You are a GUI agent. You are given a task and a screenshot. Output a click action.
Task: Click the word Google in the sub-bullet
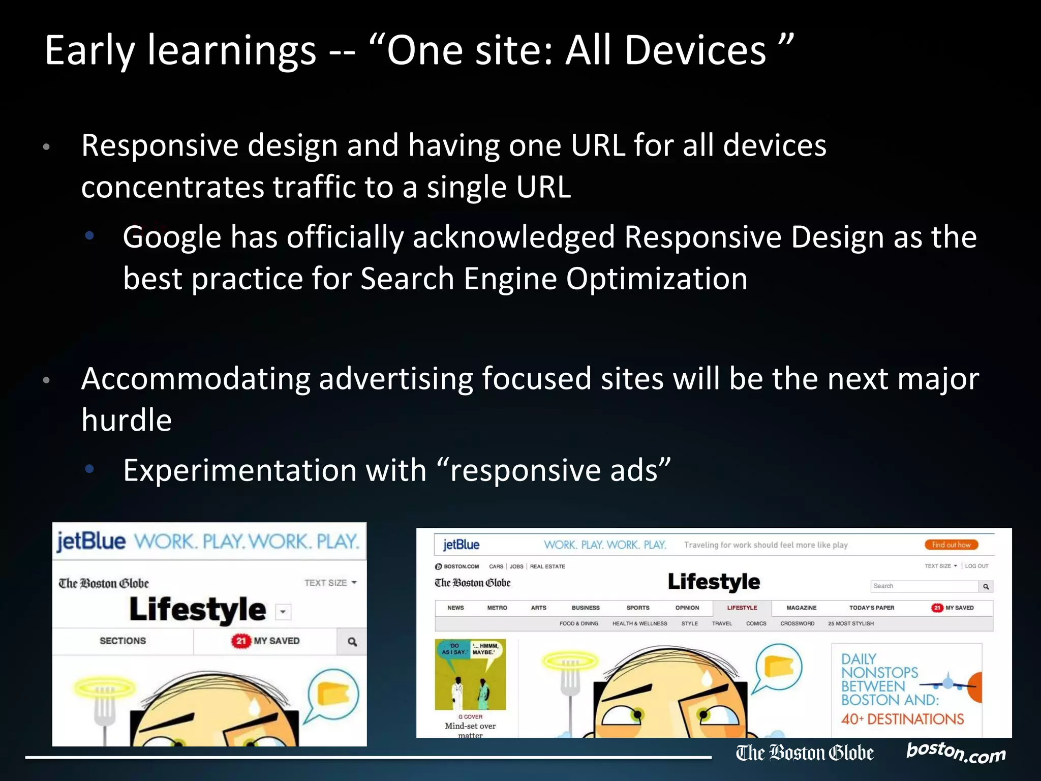[172, 238]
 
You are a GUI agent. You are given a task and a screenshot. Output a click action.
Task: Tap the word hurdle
[127, 421]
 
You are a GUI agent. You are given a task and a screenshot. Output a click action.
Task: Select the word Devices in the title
[695, 51]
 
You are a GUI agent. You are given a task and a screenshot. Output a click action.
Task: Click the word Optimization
[656, 280]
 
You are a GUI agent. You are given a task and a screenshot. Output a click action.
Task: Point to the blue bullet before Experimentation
[90, 469]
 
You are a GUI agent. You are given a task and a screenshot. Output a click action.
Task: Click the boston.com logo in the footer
[956, 753]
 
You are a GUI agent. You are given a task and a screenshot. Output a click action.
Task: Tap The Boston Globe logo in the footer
[805, 753]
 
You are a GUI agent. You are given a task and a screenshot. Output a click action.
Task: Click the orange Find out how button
[951, 545]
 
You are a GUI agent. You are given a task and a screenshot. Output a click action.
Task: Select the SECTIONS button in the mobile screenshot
[123, 641]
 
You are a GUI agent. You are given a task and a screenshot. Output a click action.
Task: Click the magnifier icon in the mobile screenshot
[352, 642]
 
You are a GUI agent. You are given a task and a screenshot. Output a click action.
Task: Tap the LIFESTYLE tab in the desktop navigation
[742, 608]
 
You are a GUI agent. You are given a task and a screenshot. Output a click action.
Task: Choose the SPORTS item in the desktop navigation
[637, 608]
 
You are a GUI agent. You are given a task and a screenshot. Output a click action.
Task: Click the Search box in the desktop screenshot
[924, 586]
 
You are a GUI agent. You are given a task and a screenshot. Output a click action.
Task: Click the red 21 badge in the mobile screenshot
[240, 641]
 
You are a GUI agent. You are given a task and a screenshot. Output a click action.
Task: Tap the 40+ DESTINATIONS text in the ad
[902, 719]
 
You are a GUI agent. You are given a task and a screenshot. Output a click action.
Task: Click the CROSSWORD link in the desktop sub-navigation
[797, 623]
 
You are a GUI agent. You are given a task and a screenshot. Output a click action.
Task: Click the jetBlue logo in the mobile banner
[91, 541]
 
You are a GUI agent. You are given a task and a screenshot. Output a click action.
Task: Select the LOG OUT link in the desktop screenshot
[976, 566]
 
